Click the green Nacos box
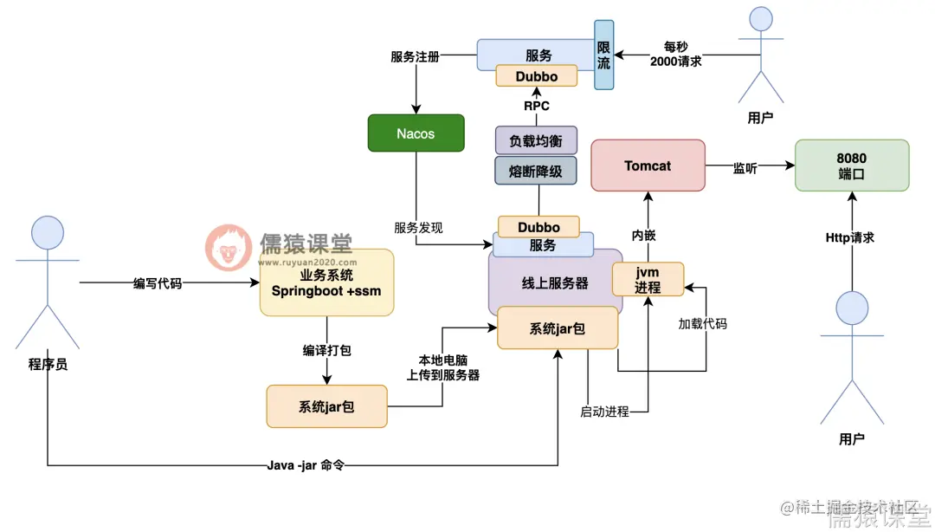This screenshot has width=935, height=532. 416,133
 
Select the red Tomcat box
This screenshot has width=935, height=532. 648,165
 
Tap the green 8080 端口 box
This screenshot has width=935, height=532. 852,165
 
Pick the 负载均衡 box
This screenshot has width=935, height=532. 536,140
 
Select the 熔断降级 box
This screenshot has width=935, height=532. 536,171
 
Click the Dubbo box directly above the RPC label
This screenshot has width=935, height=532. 537,76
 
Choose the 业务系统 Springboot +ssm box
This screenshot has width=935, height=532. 326,282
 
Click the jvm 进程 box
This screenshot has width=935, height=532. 648,279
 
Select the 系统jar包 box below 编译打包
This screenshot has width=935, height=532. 326,406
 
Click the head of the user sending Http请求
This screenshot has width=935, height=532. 852,309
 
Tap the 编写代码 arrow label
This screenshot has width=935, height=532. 158,283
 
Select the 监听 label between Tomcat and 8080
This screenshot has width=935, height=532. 745,168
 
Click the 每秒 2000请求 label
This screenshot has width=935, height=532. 676,54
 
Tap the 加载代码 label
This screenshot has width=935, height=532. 702,323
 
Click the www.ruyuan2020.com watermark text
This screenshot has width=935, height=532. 306,262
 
